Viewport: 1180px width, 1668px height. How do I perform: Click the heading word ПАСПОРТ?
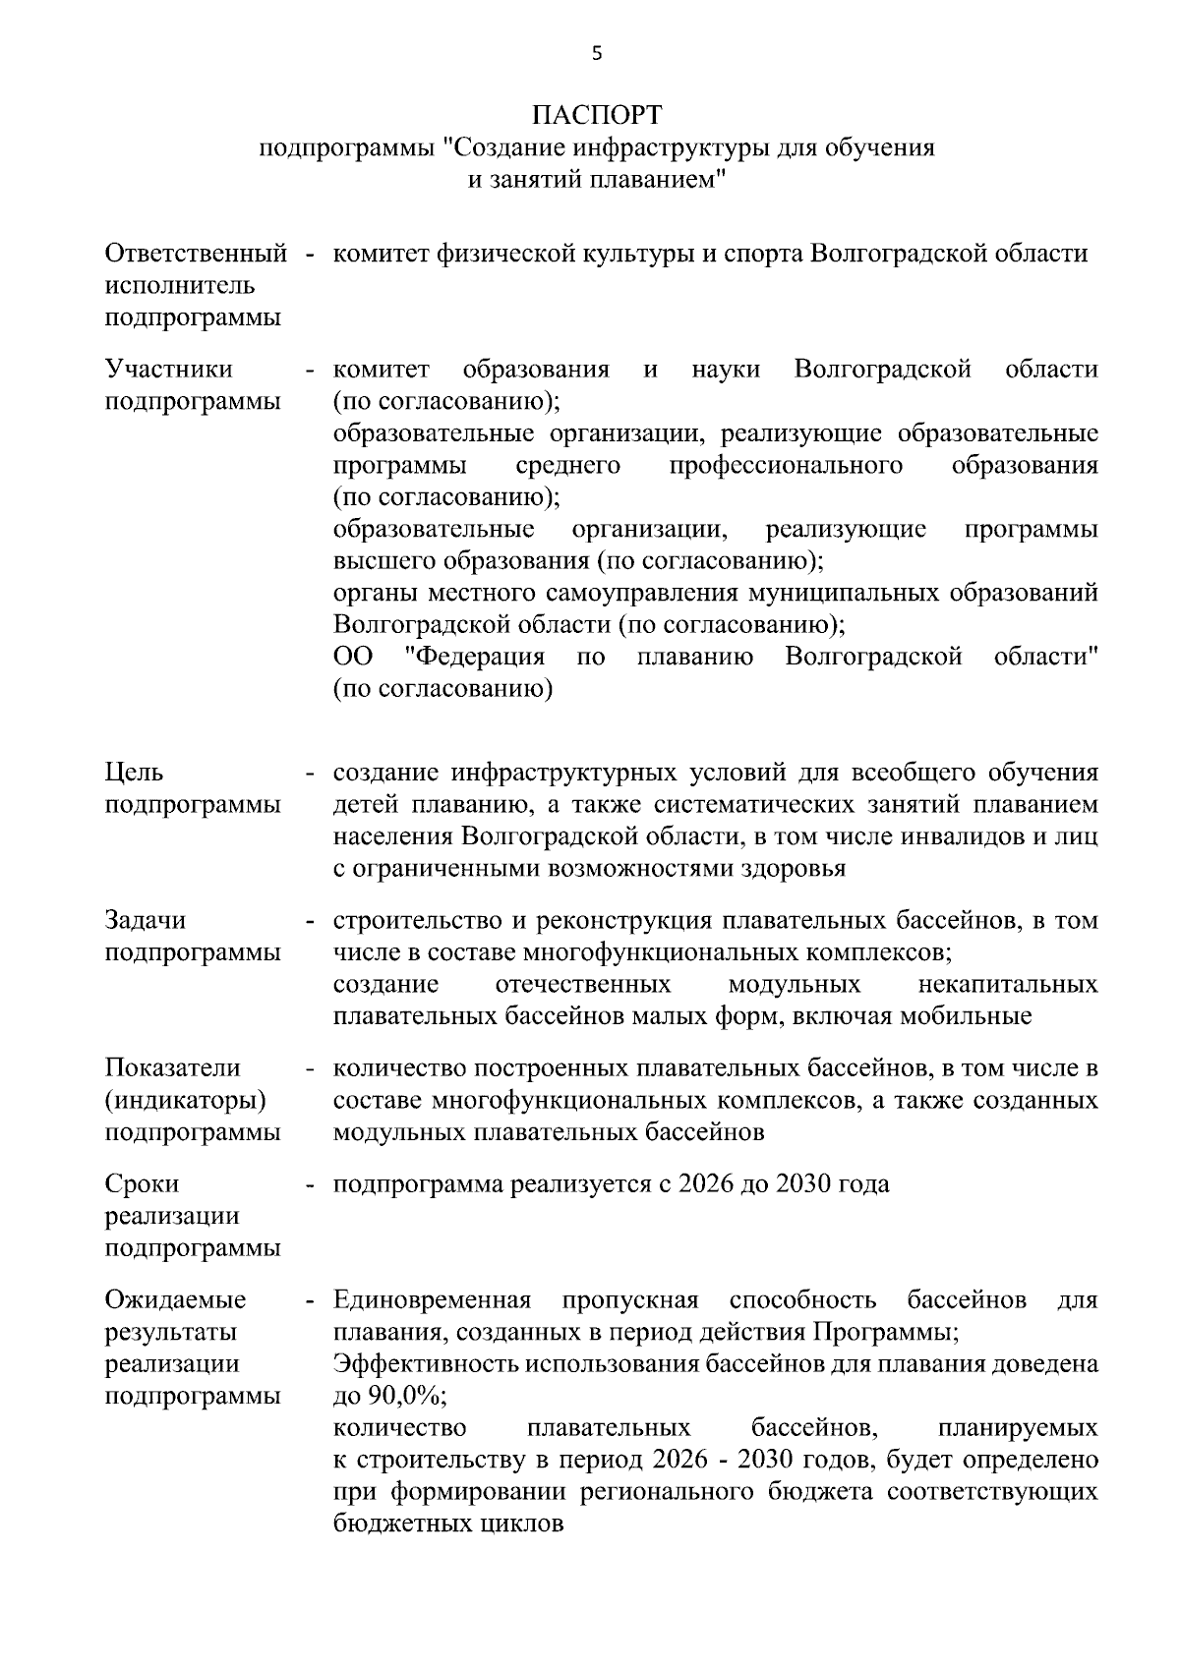coord(597,115)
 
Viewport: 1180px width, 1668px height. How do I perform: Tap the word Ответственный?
coord(196,254)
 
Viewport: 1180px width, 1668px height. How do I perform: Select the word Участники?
coord(168,370)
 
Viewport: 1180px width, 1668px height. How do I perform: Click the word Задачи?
coord(145,921)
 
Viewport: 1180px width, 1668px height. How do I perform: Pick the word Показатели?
coord(172,1068)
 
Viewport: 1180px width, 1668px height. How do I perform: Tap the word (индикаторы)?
coord(185,1100)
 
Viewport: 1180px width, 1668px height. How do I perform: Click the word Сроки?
coord(143,1184)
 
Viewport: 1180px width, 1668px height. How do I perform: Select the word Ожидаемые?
coord(175,1300)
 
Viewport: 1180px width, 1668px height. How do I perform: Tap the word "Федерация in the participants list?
coord(475,657)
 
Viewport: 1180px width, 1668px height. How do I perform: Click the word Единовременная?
coord(432,1300)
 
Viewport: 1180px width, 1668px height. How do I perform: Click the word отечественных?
coord(583,985)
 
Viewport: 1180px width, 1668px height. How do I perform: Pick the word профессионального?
coord(786,465)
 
